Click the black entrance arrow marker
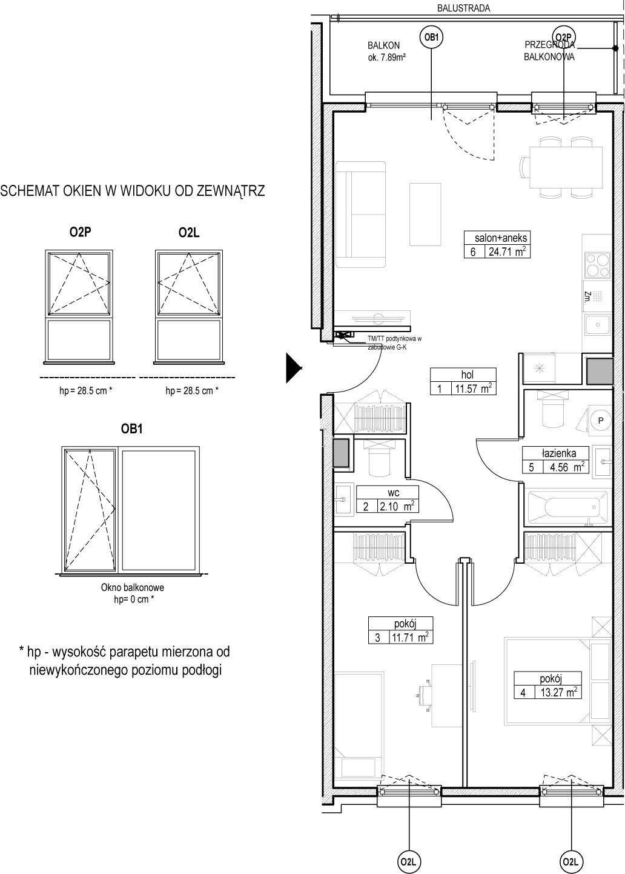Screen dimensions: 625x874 [294, 368]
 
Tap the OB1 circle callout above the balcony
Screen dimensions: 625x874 [431, 38]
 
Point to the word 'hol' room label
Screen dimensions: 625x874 [467, 375]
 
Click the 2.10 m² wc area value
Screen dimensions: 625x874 [396, 507]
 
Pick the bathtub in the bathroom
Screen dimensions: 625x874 [566, 507]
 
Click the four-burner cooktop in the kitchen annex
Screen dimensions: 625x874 [597, 265]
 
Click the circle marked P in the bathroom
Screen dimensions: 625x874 [601, 420]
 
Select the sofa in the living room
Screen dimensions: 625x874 [361, 214]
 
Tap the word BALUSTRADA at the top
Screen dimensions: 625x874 [463, 8]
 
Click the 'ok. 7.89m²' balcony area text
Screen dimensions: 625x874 [387, 57]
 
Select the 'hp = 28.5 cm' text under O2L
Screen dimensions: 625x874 [192, 390]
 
